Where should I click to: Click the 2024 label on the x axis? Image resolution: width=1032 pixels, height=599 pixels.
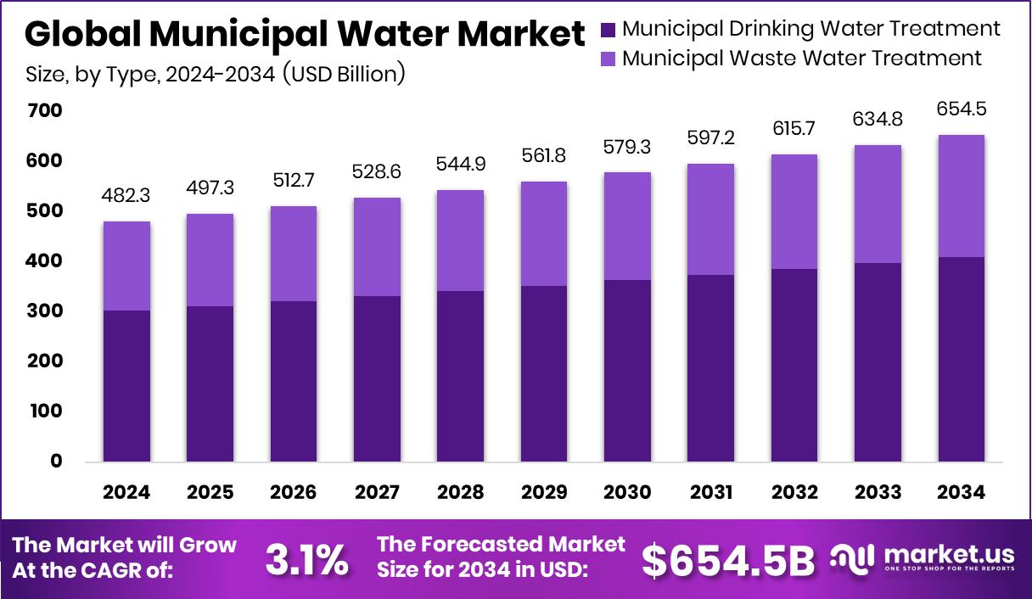coord(126,493)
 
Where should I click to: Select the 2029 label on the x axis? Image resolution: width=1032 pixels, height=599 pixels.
coord(544,493)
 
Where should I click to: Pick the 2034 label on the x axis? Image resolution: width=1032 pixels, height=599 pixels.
coord(962,493)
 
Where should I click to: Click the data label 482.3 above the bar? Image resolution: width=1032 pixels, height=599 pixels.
coord(126,195)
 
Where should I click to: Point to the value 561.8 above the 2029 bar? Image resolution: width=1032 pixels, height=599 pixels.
coord(544,155)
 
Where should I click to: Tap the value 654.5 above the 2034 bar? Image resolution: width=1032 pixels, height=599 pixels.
coord(962,109)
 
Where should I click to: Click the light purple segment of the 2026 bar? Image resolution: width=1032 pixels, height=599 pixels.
coord(294,254)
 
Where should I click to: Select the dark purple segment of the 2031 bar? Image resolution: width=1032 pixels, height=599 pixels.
coord(711,368)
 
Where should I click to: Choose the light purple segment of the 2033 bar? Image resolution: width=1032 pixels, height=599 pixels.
coord(878,204)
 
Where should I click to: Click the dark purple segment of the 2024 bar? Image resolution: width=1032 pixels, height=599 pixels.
coord(126,386)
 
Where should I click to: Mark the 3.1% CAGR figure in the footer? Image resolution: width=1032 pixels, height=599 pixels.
coord(306,559)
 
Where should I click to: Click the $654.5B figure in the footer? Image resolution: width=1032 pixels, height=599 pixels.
coord(727,559)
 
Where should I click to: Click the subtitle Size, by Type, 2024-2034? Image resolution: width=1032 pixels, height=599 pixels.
coord(216,75)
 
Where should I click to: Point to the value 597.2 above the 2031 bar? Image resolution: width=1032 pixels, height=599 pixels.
coord(711,137)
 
